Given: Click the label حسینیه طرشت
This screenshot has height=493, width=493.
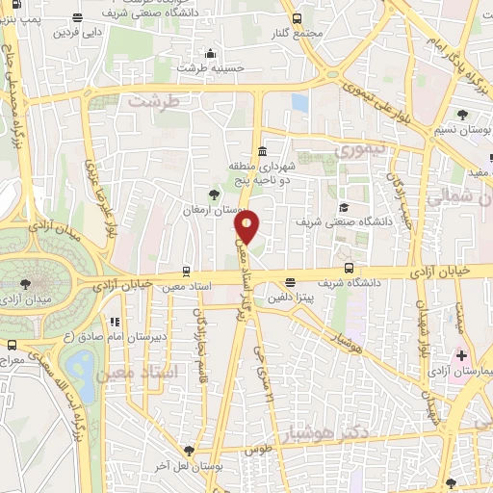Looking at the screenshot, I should tap(203, 67).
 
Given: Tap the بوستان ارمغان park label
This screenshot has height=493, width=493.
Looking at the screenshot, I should tap(218, 208).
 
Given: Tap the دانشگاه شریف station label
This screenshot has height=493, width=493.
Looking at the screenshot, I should tap(378, 283).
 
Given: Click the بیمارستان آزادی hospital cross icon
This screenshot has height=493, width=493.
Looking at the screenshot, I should tap(463, 356).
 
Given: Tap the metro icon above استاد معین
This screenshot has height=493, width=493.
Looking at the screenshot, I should tap(186, 271).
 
